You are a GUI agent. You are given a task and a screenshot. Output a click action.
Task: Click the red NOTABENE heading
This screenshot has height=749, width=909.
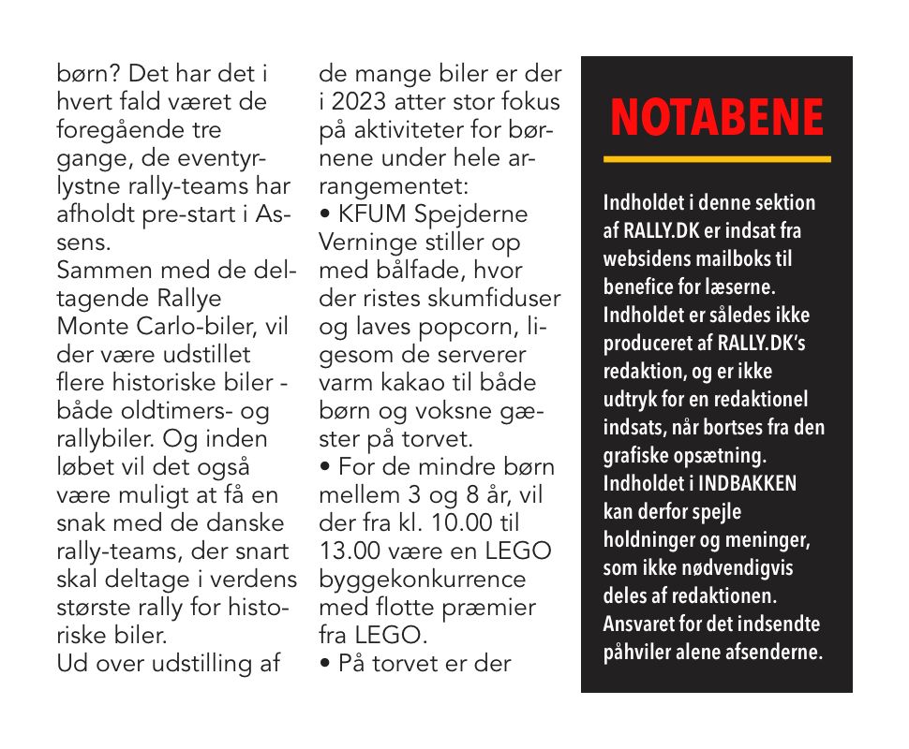[x=717, y=118]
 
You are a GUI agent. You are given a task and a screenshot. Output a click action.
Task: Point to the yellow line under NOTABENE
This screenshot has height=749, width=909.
[x=717, y=159]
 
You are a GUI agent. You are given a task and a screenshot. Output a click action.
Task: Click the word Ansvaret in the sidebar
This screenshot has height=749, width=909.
[x=639, y=624]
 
